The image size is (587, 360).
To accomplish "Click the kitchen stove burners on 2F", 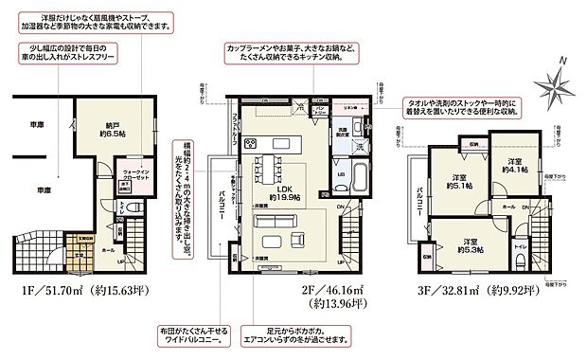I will pos(249,144).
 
